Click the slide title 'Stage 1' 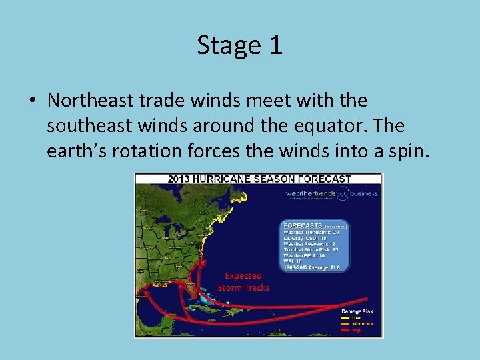pyautogui.click(x=239, y=45)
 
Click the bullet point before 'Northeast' pyautogui.click(x=33, y=101)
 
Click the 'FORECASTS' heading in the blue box pyautogui.click(x=303, y=225)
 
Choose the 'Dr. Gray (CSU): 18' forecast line pyautogui.click(x=305, y=237)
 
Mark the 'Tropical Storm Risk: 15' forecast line pyautogui.click(x=311, y=249)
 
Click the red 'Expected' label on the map pyautogui.click(x=243, y=276)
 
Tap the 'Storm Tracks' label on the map pyautogui.click(x=243, y=287)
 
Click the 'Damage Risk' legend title pyautogui.click(x=357, y=311)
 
